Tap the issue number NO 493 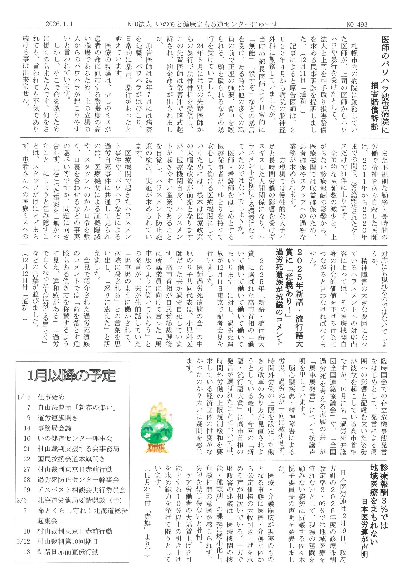[x=357, y=24]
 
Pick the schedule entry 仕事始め [x=51, y=397]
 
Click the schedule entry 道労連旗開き [x=58, y=418]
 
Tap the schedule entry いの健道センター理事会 [x=75, y=438]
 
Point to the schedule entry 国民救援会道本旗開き [x=71, y=459]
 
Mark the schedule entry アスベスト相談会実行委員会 [x=82, y=490]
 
